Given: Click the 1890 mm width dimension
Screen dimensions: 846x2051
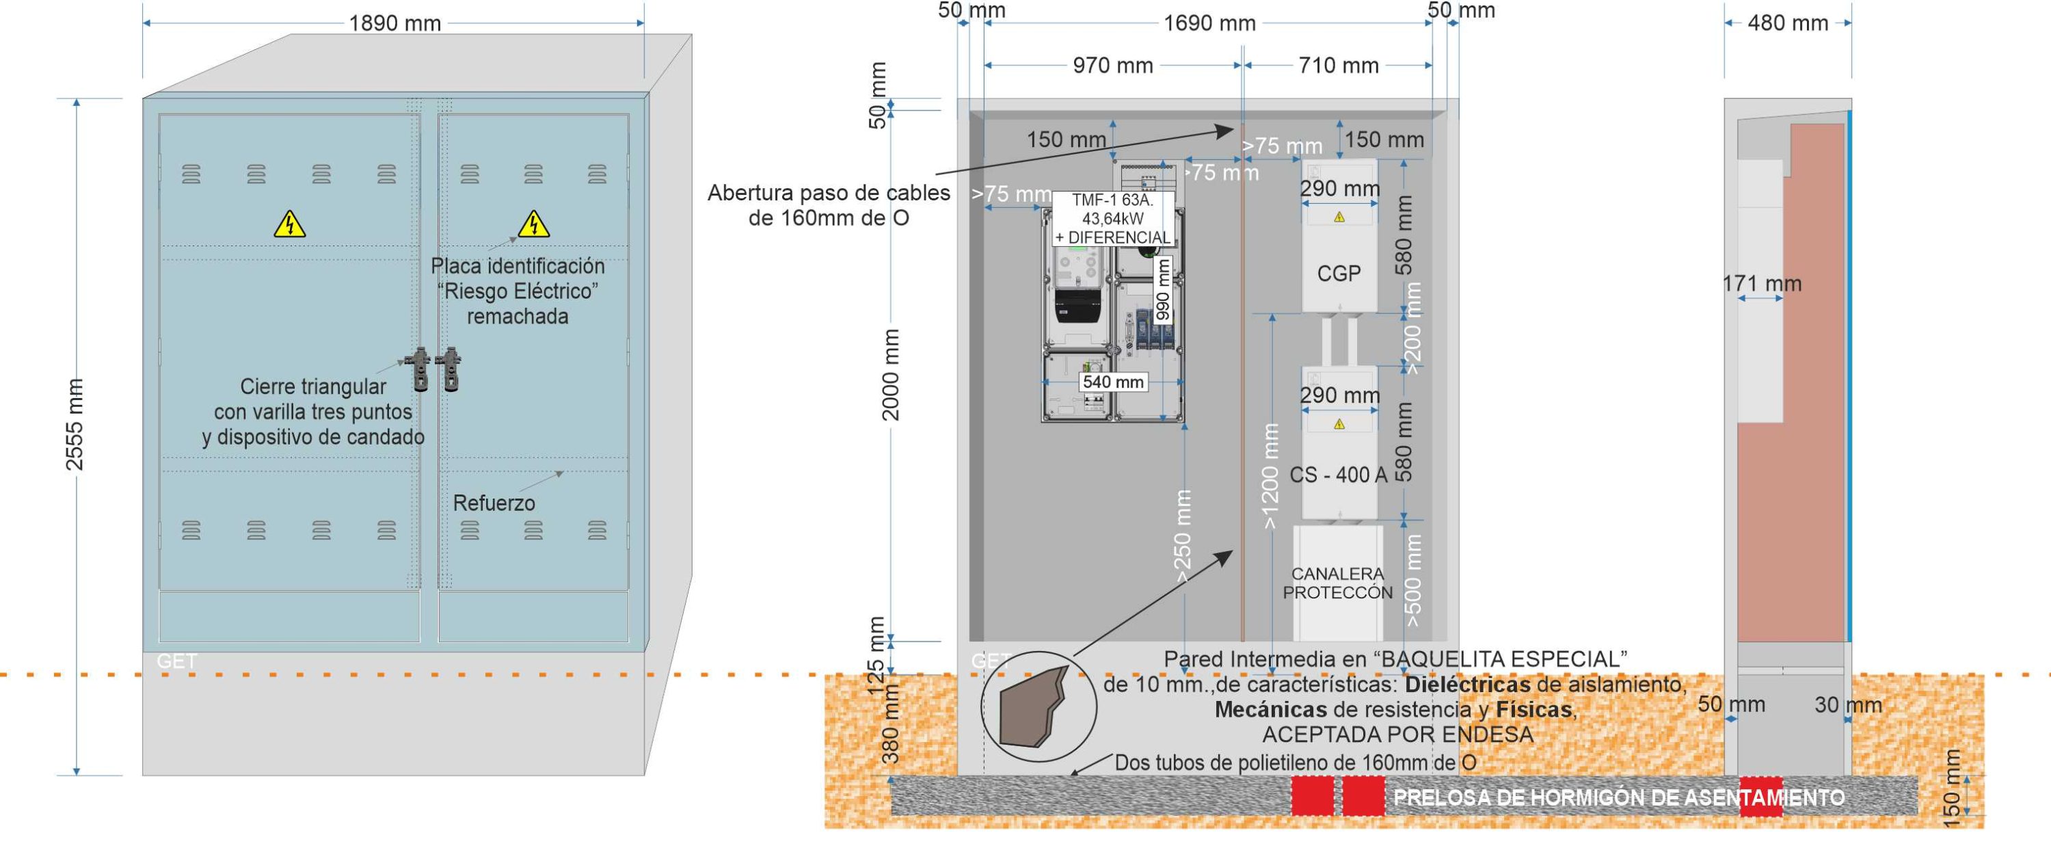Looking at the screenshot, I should pos(395,24).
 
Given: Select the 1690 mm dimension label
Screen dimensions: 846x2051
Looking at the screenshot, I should pos(1209,24).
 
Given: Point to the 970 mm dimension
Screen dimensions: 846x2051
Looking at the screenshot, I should pos(1112,66).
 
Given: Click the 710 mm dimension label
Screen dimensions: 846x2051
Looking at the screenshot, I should pos(1339,66).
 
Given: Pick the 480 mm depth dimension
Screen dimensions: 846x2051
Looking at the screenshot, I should pos(1788,23).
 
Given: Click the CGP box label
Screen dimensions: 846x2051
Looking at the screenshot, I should pos(1339,274).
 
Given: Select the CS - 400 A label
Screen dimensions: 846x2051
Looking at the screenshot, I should pos(1338,475).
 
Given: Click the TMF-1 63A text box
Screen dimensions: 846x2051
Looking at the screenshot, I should pos(1112,218).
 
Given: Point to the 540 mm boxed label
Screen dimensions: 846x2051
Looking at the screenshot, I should pos(1112,382).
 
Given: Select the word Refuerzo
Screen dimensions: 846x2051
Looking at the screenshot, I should pos(494,503).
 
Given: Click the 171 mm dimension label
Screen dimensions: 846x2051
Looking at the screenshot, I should pos(1761,284).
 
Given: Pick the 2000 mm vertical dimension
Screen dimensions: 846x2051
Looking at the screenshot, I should pos(891,374).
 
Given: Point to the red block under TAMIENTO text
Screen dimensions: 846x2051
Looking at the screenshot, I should pos(1760,797).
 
